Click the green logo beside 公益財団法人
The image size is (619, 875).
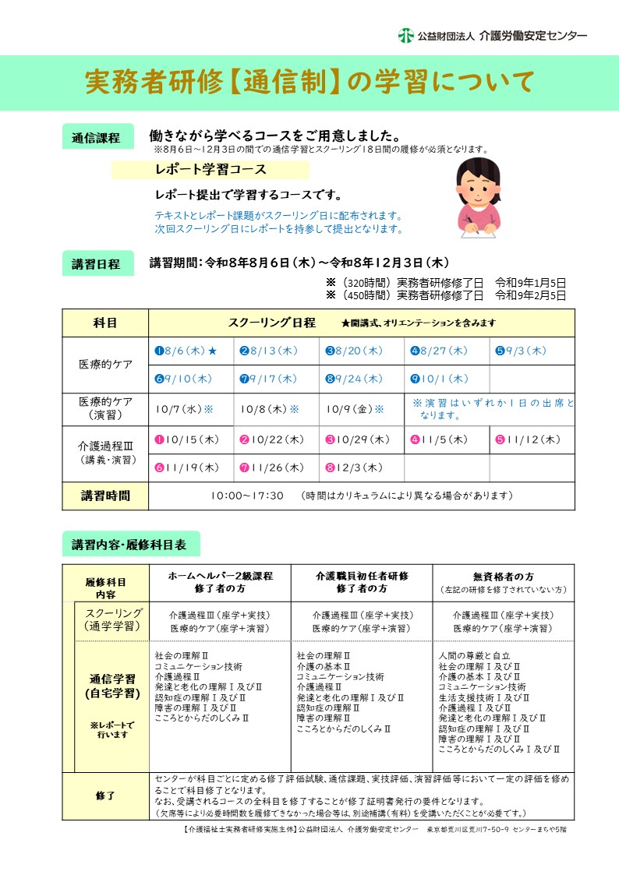click(x=405, y=35)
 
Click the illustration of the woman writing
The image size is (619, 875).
click(x=478, y=197)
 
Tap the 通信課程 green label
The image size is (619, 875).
click(x=96, y=138)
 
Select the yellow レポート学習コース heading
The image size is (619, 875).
click(x=210, y=169)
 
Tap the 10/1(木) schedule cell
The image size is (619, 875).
click(x=441, y=379)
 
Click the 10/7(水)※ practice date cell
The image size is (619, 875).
click(x=185, y=408)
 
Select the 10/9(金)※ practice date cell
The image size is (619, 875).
click(x=355, y=408)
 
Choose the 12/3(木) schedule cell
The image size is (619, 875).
click(x=355, y=467)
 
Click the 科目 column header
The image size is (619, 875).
click(x=105, y=323)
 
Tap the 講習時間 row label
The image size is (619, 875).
click(x=105, y=496)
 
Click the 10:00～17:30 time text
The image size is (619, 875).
click(x=247, y=496)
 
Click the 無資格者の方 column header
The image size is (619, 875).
click(x=504, y=577)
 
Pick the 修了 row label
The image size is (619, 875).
click(x=105, y=796)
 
